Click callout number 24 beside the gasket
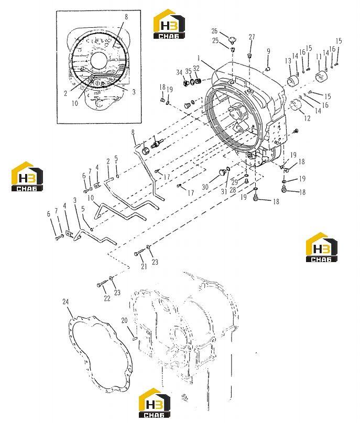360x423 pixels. click(x=66, y=301)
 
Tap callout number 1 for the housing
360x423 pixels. click(x=199, y=58)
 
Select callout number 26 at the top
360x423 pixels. click(x=214, y=31)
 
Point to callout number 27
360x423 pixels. click(x=252, y=37)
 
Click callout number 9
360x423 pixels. click(x=268, y=51)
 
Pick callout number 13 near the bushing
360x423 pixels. click(x=288, y=61)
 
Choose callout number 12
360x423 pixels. click(x=307, y=118)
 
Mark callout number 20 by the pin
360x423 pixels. click(x=124, y=320)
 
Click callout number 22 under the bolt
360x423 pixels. click(x=107, y=298)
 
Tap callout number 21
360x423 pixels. click(x=144, y=266)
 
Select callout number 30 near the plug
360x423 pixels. click(x=205, y=187)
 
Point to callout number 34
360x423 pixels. click(x=179, y=72)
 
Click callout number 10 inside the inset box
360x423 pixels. click(x=75, y=103)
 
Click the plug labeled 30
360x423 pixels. click(x=222, y=173)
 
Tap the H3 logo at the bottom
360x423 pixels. click(x=155, y=403)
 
